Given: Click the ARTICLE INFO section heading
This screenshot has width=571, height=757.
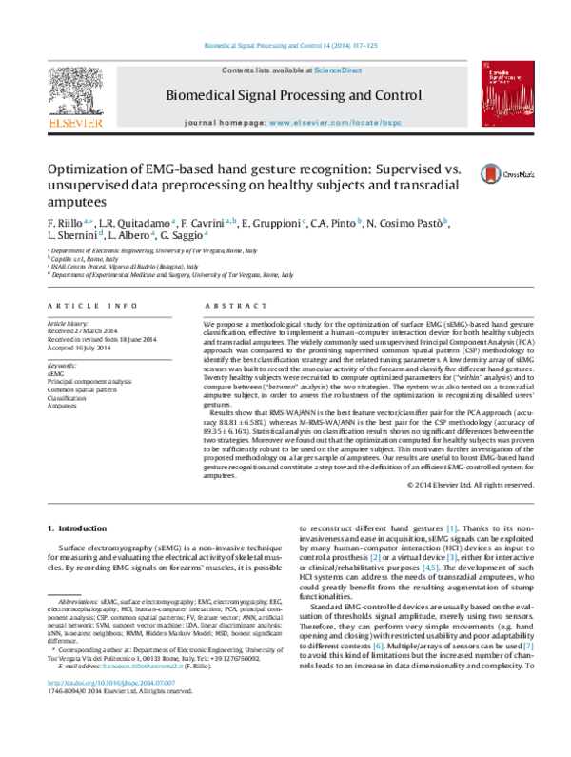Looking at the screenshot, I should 89,305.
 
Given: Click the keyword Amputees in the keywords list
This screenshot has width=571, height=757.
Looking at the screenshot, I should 63,404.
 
